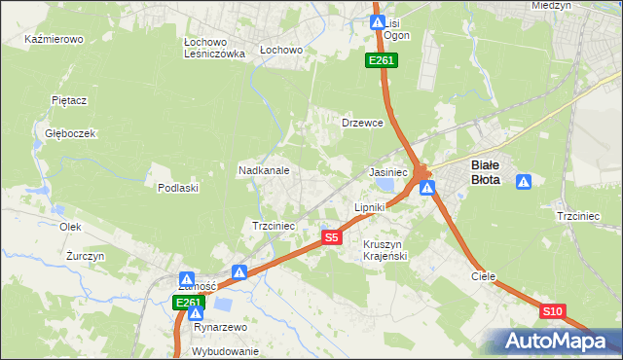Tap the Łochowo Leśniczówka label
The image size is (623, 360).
click(213, 49)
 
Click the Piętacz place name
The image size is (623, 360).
click(69, 99)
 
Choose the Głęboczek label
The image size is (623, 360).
click(62, 133)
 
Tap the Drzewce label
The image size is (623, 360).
click(362, 124)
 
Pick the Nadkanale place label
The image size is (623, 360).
click(264, 170)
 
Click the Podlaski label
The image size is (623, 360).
click(178, 188)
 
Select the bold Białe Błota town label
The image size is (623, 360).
click(486, 171)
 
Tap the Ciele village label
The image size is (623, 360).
click(484, 276)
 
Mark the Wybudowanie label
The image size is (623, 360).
click(225, 351)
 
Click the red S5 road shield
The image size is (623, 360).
click(332, 237)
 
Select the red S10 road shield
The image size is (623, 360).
click(552, 311)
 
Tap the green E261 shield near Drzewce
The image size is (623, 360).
click(381, 61)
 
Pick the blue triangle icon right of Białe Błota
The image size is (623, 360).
click(524, 181)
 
